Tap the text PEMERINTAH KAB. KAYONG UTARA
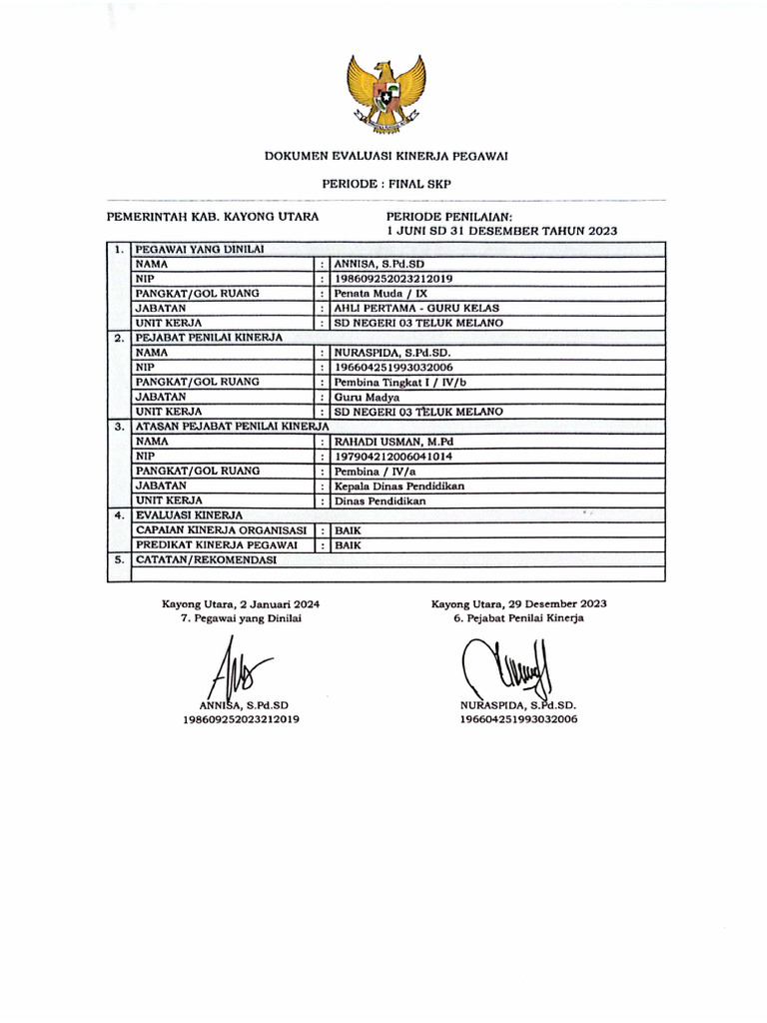[x=213, y=216]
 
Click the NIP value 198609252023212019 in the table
[x=393, y=279]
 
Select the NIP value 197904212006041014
[x=393, y=456]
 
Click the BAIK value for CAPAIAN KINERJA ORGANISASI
[x=348, y=530]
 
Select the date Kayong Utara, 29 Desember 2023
[x=518, y=604]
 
